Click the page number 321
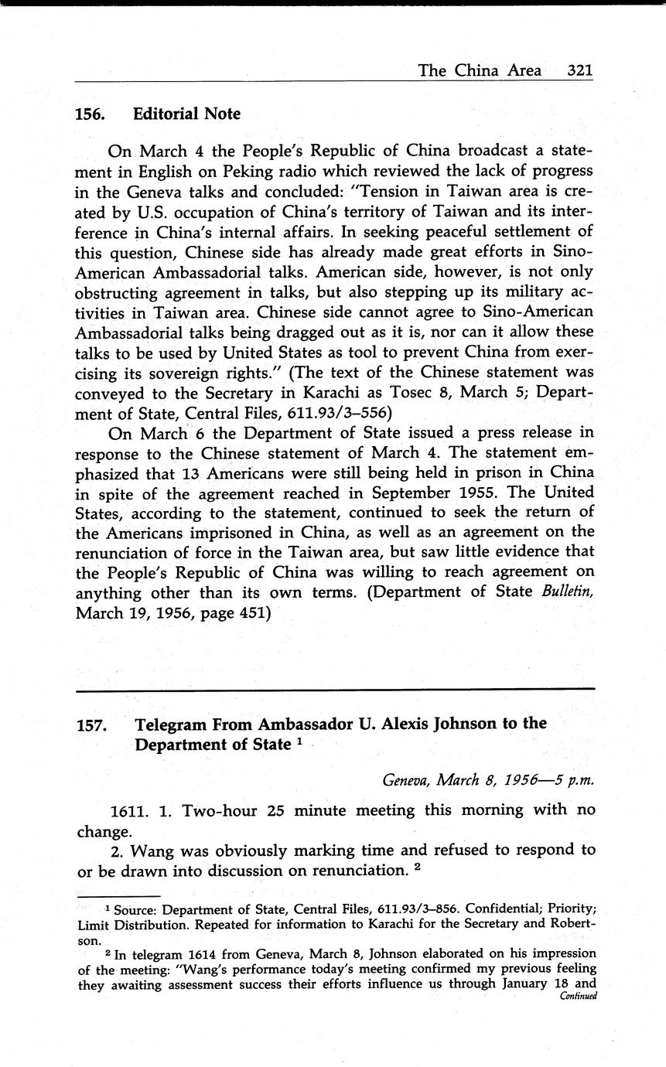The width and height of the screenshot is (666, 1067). [579, 70]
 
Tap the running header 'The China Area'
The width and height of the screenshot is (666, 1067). [480, 70]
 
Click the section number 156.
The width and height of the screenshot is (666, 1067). [90, 114]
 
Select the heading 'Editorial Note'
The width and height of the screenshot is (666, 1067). [186, 114]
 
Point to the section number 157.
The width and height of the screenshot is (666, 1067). [91, 725]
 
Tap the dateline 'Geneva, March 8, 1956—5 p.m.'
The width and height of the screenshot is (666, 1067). [488, 779]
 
